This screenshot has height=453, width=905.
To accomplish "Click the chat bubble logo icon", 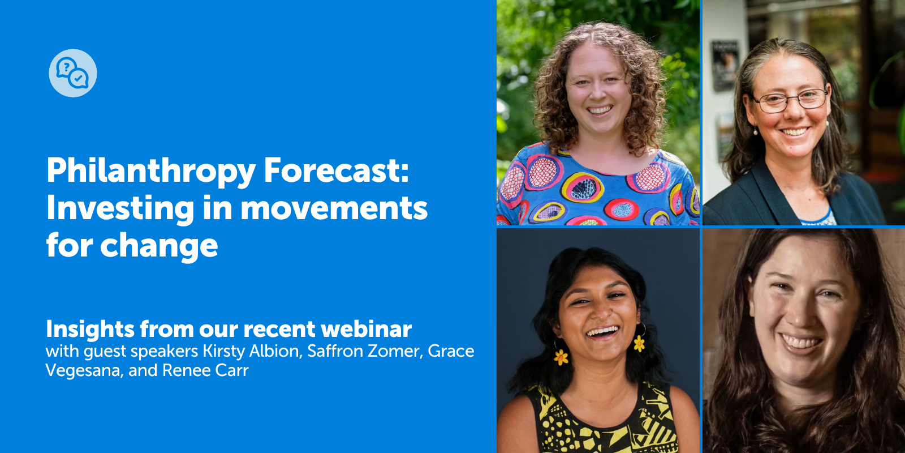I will coord(73,73).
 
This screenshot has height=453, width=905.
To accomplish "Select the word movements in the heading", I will coord(334,208).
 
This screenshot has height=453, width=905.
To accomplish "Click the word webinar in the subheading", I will coord(366,329).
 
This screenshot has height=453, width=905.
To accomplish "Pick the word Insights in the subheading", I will coord(90,329).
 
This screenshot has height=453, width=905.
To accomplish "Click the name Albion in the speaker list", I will coord(275,351).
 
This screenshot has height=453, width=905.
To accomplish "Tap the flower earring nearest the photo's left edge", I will coord(561,357).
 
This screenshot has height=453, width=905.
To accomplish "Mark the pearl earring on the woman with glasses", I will coord(755,131).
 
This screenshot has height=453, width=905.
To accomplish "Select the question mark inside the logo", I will coord(67,67).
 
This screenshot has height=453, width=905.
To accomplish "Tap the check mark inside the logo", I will coord(79,79).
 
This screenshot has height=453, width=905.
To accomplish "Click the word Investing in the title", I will coord(120,208).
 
